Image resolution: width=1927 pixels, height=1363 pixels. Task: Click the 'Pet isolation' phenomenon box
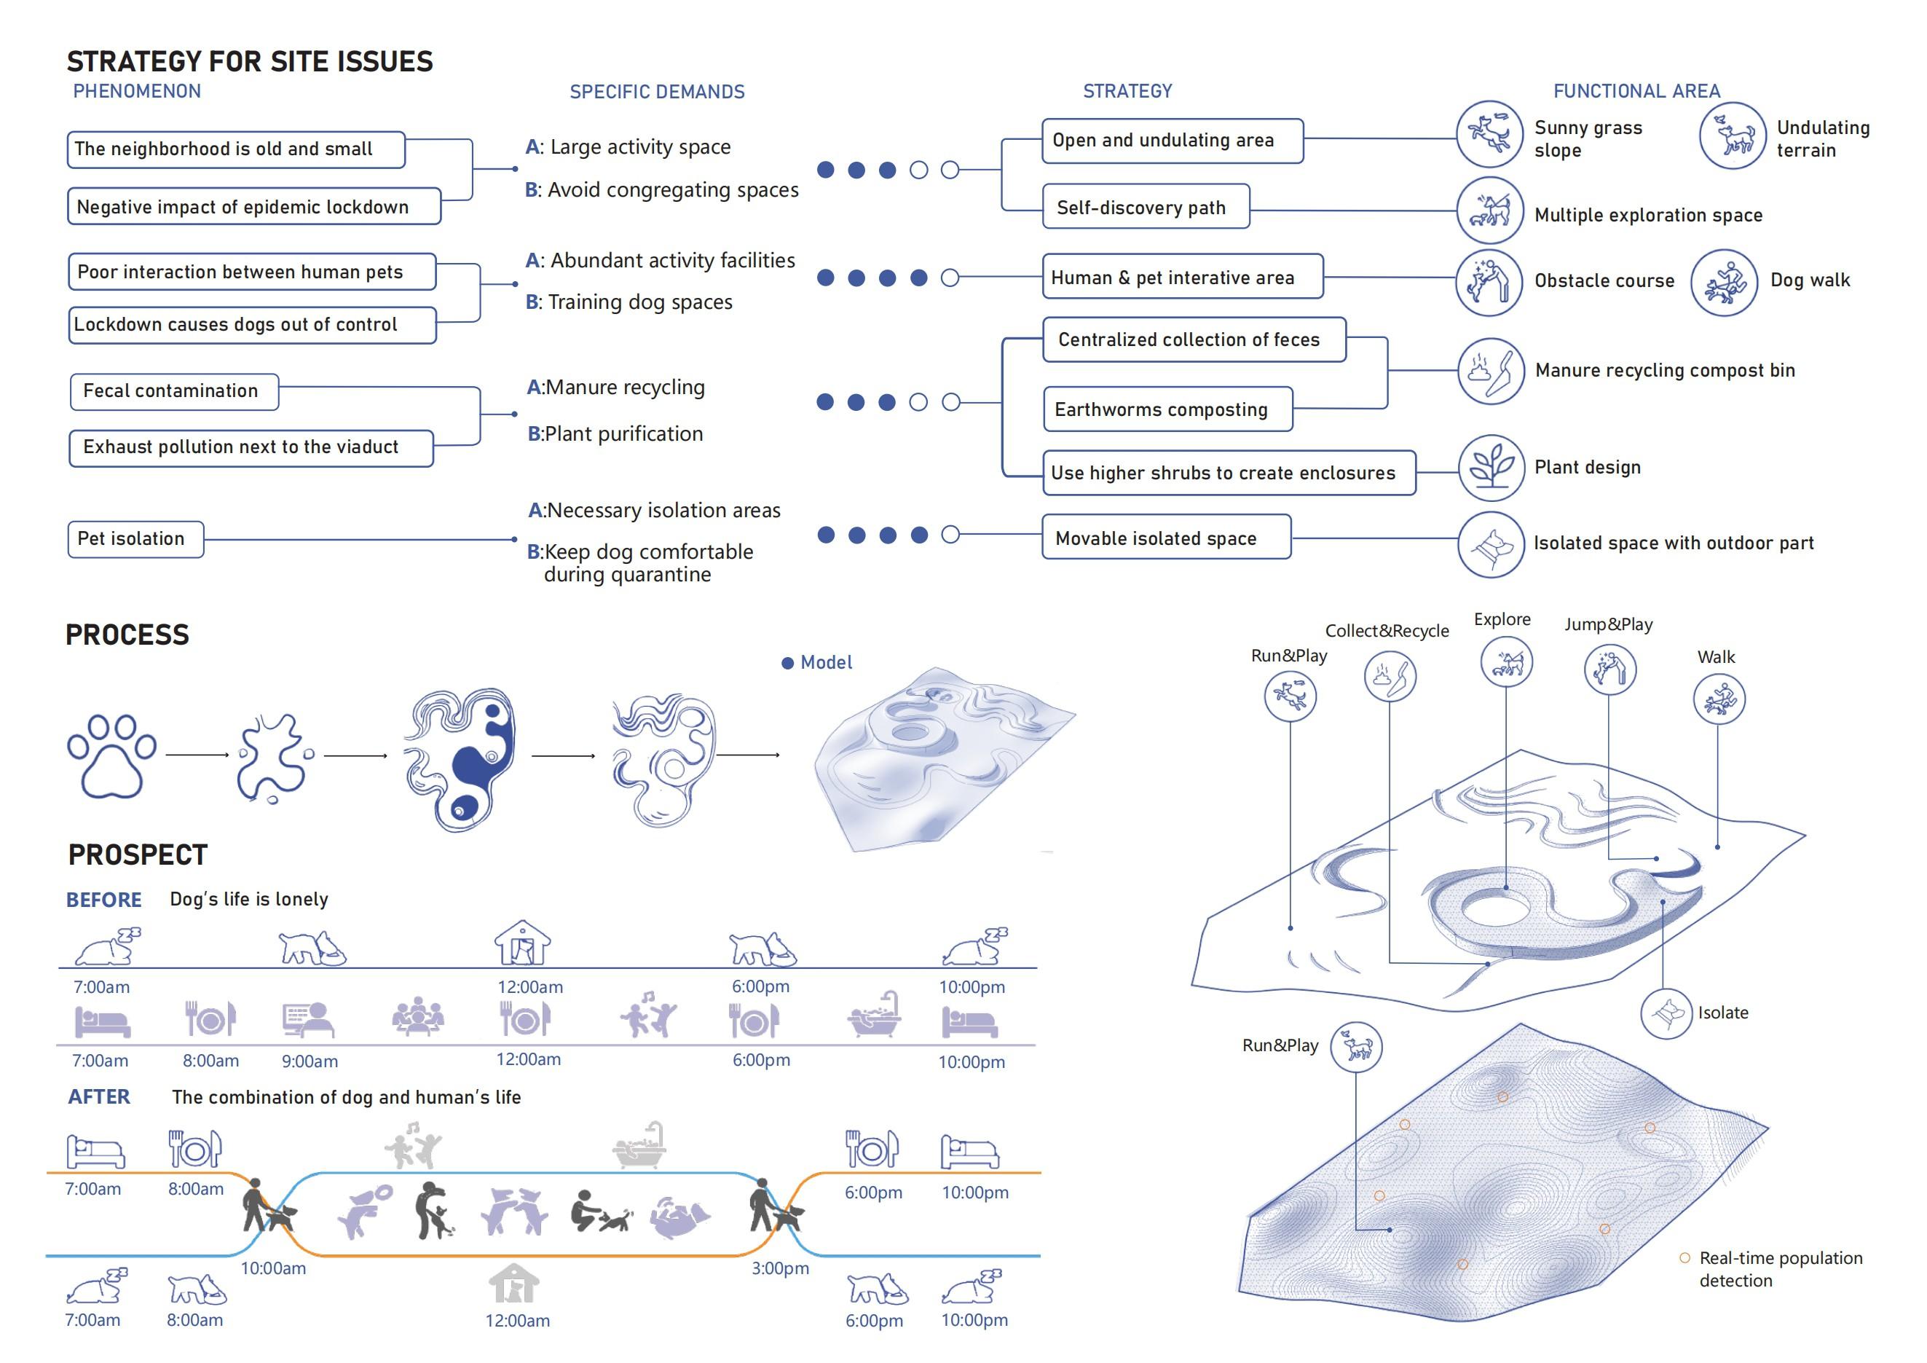coord(135,539)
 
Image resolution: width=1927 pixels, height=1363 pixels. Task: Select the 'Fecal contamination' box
coord(174,391)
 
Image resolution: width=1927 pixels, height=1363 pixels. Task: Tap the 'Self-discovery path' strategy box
coord(1146,206)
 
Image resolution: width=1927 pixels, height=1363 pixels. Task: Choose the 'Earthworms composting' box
coord(1167,409)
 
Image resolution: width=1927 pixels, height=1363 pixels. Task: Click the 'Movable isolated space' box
coord(1166,537)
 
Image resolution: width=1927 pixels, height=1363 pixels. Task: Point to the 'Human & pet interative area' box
coord(1182,277)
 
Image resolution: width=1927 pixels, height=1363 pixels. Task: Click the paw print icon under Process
coord(111,755)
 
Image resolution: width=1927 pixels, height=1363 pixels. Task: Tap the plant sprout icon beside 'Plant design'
coord(1491,468)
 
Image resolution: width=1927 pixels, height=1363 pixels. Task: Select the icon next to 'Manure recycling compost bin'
coord(1491,371)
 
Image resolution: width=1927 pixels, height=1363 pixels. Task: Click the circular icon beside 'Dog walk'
coord(1724,283)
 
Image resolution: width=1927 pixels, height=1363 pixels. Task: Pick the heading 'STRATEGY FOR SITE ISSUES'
coord(249,61)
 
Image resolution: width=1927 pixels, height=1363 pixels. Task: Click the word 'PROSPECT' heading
coord(138,855)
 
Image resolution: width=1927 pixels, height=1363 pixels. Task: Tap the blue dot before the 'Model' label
coord(787,663)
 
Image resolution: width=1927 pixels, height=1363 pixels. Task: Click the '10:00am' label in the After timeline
coord(274,1268)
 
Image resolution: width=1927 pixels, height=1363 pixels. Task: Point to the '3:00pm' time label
coord(780,1268)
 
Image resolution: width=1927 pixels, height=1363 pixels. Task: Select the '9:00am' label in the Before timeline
coord(310,1061)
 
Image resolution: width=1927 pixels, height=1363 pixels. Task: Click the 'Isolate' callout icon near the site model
coord(1666,1014)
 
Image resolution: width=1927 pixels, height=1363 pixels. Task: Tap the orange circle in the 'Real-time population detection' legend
coord(1684,1258)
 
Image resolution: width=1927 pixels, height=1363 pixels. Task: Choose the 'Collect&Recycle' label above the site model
coord(1387,631)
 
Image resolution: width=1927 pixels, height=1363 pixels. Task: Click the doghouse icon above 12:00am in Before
coord(522,943)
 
